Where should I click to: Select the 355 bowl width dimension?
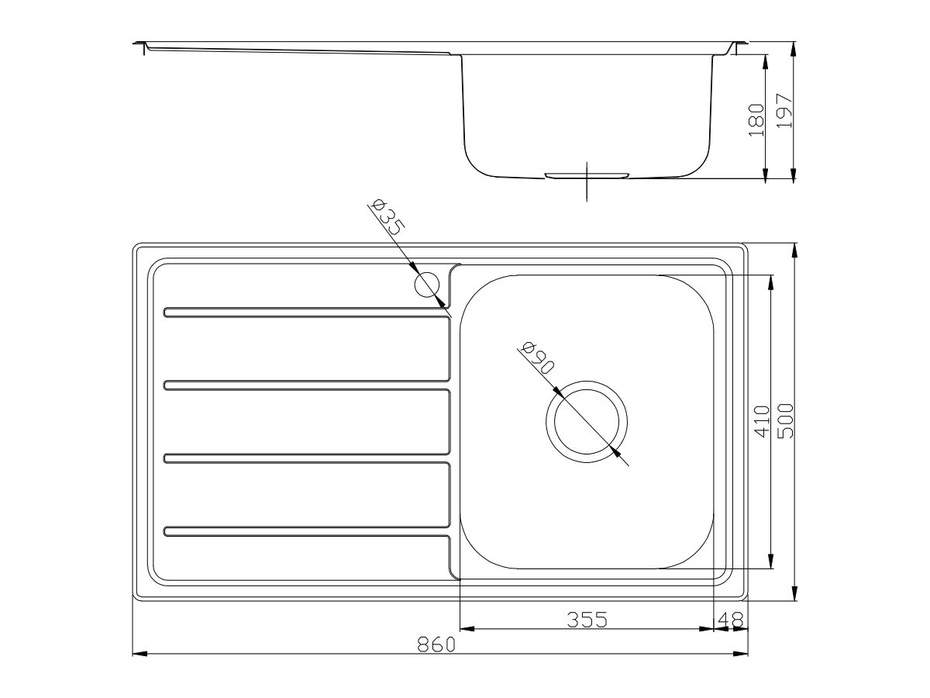[586, 620]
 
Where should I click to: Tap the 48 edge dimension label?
[732, 620]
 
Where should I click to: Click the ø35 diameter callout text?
[387, 217]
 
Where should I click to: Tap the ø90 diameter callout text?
[537, 359]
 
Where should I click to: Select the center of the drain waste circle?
[587, 422]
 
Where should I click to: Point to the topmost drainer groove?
[306, 313]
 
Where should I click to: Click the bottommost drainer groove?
[306, 531]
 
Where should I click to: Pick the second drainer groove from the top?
[306, 385]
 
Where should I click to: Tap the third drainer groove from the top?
[306, 458]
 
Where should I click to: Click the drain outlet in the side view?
[587, 175]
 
